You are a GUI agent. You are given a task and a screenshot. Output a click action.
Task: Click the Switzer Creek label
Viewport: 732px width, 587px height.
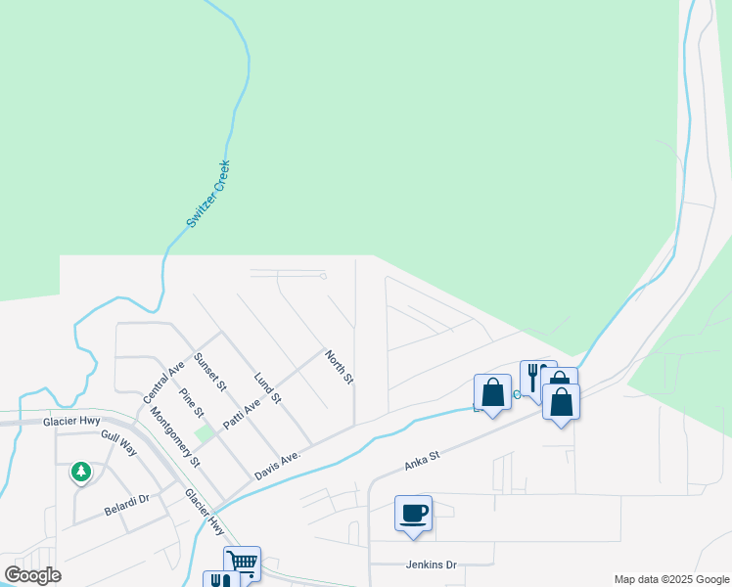point(208,195)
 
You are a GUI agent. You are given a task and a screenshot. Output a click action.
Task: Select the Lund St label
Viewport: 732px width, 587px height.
point(267,387)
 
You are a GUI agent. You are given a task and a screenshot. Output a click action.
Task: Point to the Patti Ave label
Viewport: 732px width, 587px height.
point(242,404)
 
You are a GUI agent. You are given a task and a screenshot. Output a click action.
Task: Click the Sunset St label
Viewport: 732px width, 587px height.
point(210,373)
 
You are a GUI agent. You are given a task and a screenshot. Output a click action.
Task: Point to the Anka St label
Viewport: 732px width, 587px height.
point(422,461)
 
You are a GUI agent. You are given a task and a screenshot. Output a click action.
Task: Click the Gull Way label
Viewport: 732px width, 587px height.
point(118,441)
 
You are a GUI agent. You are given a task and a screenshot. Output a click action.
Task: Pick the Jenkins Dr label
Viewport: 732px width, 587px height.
point(432,564)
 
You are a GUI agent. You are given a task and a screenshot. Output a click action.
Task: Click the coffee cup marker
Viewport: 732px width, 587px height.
point(413,514)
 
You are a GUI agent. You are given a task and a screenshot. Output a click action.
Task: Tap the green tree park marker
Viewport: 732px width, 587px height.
point(81,474)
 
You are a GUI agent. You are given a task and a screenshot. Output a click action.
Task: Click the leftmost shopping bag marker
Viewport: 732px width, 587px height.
point(492,392)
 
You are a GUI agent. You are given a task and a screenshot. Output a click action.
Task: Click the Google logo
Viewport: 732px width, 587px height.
point(33,575)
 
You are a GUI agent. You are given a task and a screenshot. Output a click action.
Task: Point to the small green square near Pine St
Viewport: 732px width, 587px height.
point(204,432)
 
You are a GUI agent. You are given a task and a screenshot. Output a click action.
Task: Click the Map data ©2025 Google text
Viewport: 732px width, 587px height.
point(671,579)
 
